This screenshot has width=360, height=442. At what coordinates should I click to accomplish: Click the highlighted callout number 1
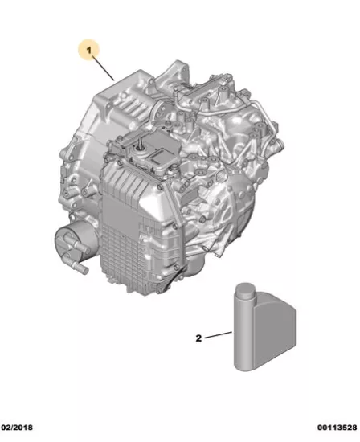[89, 51]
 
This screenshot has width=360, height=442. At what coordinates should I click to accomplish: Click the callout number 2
[198, 338]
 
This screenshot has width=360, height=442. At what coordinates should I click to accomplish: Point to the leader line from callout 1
[104, 68]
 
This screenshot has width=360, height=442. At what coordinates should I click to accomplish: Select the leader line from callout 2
[219, 335]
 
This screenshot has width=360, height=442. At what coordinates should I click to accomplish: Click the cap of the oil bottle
[245, 290]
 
